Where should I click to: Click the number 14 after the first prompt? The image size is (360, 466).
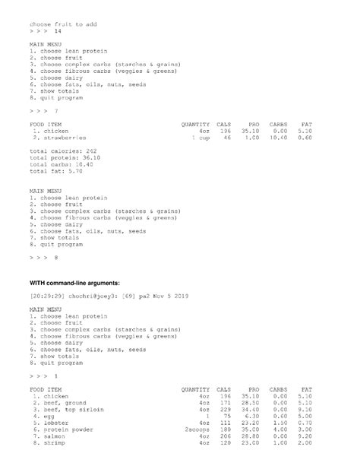tap(58, 33)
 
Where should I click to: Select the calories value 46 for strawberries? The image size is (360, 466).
tap(226, 138)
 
